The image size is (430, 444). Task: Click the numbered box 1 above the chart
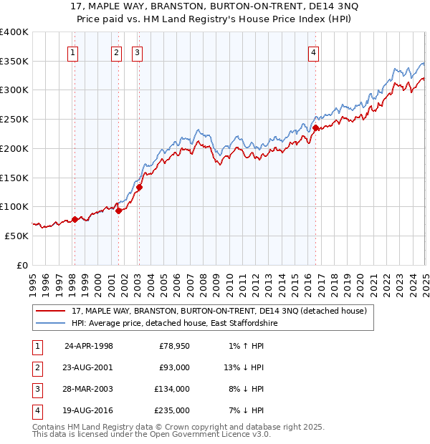(74, 52)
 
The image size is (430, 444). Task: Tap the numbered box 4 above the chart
(314, 52)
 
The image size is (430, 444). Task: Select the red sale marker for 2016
(315, 128)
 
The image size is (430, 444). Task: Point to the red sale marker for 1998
(75, 219)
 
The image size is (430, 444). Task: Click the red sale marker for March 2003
(140, 188)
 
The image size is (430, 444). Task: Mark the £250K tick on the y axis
(14, 120)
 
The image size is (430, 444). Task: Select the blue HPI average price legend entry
(174, 324)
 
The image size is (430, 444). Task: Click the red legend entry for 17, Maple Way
(219, 311)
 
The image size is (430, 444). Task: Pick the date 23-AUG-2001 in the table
(89, 367)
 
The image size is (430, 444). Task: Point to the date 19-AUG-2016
(89, 410)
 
